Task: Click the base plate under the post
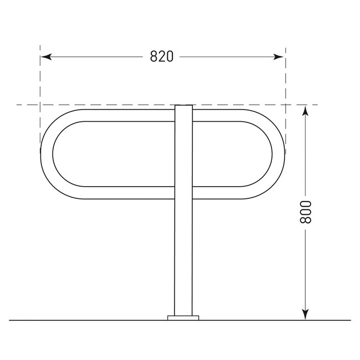point(183,318)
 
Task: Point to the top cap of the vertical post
point(183,106)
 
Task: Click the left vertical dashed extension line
point(40,83)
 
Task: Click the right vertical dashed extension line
point(285,83)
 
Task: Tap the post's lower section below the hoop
point(183,255)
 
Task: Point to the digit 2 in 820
point(162,56)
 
